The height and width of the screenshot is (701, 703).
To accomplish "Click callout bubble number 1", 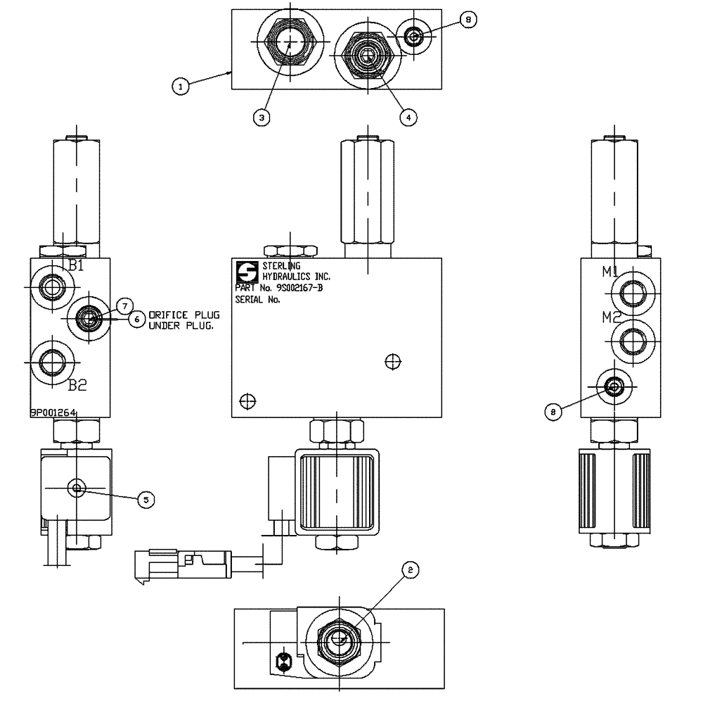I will tap(181, 86).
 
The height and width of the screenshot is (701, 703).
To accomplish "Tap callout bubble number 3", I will tap(261, 118).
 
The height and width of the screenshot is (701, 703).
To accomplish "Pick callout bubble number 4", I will tap(406, 118).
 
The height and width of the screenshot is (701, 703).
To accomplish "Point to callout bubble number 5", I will tap(145, 499).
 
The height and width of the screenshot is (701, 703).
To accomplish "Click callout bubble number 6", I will tap(138, 319).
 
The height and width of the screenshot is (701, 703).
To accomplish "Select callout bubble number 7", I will tap(124, 305).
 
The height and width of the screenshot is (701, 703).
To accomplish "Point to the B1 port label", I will tap(76, 266).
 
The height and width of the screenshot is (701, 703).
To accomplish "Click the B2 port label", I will tap(77, 385).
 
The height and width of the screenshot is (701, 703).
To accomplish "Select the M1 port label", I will tap(609, 272).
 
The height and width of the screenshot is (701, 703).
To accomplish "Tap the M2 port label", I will tap(609, 317).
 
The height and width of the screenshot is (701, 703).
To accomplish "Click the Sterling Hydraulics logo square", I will tap(247, 272).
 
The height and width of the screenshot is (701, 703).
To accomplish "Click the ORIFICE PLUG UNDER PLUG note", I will tap(181, 321).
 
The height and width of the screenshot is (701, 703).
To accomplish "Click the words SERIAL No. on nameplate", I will tap(257, 299).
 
